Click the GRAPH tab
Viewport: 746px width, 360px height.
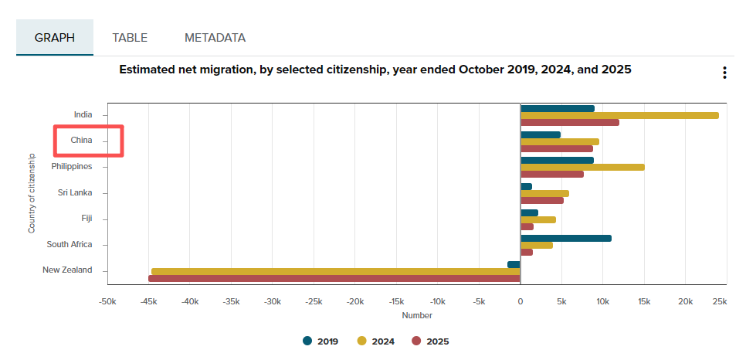(55, 37)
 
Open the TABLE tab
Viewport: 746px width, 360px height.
(130, 37)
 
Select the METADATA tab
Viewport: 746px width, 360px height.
(215, 37)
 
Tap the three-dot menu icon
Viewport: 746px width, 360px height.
(724, 73)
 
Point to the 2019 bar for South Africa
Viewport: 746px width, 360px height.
(566, 238)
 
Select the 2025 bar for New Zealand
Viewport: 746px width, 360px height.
(334, 278)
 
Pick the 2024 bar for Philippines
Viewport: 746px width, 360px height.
(582, 167)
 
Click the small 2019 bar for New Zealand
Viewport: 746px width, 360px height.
(514, 264)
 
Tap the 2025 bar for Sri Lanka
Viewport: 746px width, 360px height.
(542, 200)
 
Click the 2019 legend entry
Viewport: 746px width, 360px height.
(317, 341)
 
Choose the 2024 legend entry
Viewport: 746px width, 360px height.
(374, 341)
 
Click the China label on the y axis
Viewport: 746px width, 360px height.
(81, 141)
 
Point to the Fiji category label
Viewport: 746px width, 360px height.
(86, 219)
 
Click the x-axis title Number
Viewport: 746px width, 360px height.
(417, 315)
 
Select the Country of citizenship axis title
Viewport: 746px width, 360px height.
(32, 192)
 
